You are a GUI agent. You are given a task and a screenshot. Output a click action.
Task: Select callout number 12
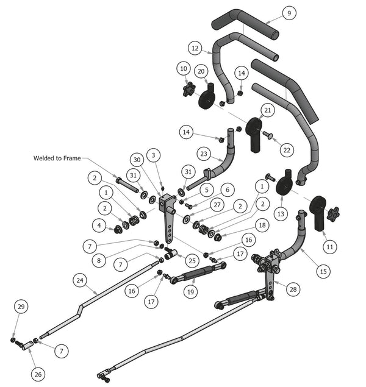(x=195, y=48)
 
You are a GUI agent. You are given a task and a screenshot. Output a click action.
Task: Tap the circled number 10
(x=184, y=69)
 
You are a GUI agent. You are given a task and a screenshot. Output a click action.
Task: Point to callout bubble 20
(x=201, y=71)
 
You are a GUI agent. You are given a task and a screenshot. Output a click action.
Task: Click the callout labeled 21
(x=267, y=110)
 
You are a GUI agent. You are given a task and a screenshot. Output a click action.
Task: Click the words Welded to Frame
(x=57, y=158)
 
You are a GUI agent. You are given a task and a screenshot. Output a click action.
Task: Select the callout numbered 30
(x=137, y=159)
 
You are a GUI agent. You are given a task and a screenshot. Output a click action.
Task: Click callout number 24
(x=80, y=280)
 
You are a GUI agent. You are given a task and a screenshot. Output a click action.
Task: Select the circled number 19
(x=190, y=293)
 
